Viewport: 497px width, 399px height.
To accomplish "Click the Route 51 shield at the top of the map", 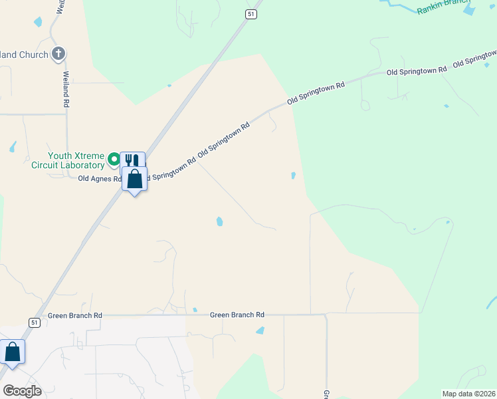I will [x=250, y=14].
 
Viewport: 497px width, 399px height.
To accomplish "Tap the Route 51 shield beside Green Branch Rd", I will [x=35, y=322].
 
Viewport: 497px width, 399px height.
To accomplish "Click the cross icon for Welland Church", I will [x=58, y=53].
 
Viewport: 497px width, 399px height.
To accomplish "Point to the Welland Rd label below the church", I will [x=66, y=90].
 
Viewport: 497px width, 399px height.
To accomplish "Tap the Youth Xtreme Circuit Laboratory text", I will [x=66, y=160].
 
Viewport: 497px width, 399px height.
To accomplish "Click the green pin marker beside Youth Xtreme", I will [x=114, y=159].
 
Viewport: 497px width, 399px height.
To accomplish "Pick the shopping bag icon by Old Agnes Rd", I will [x=135, y=179].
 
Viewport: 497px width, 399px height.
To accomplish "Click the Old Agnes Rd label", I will [x=100, y=178].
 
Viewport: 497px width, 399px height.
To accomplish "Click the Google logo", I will [x=22, y=390].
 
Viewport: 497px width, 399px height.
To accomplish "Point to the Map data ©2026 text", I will [x=468, y=393].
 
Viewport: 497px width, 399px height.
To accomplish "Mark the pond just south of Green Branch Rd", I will [x=260, y=331].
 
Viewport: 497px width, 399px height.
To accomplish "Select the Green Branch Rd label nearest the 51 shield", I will [x=75, y=315].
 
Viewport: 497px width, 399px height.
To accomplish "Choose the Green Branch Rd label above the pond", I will [x=237, y=315].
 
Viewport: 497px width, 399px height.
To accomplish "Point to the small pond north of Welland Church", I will [x=38, y=22].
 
